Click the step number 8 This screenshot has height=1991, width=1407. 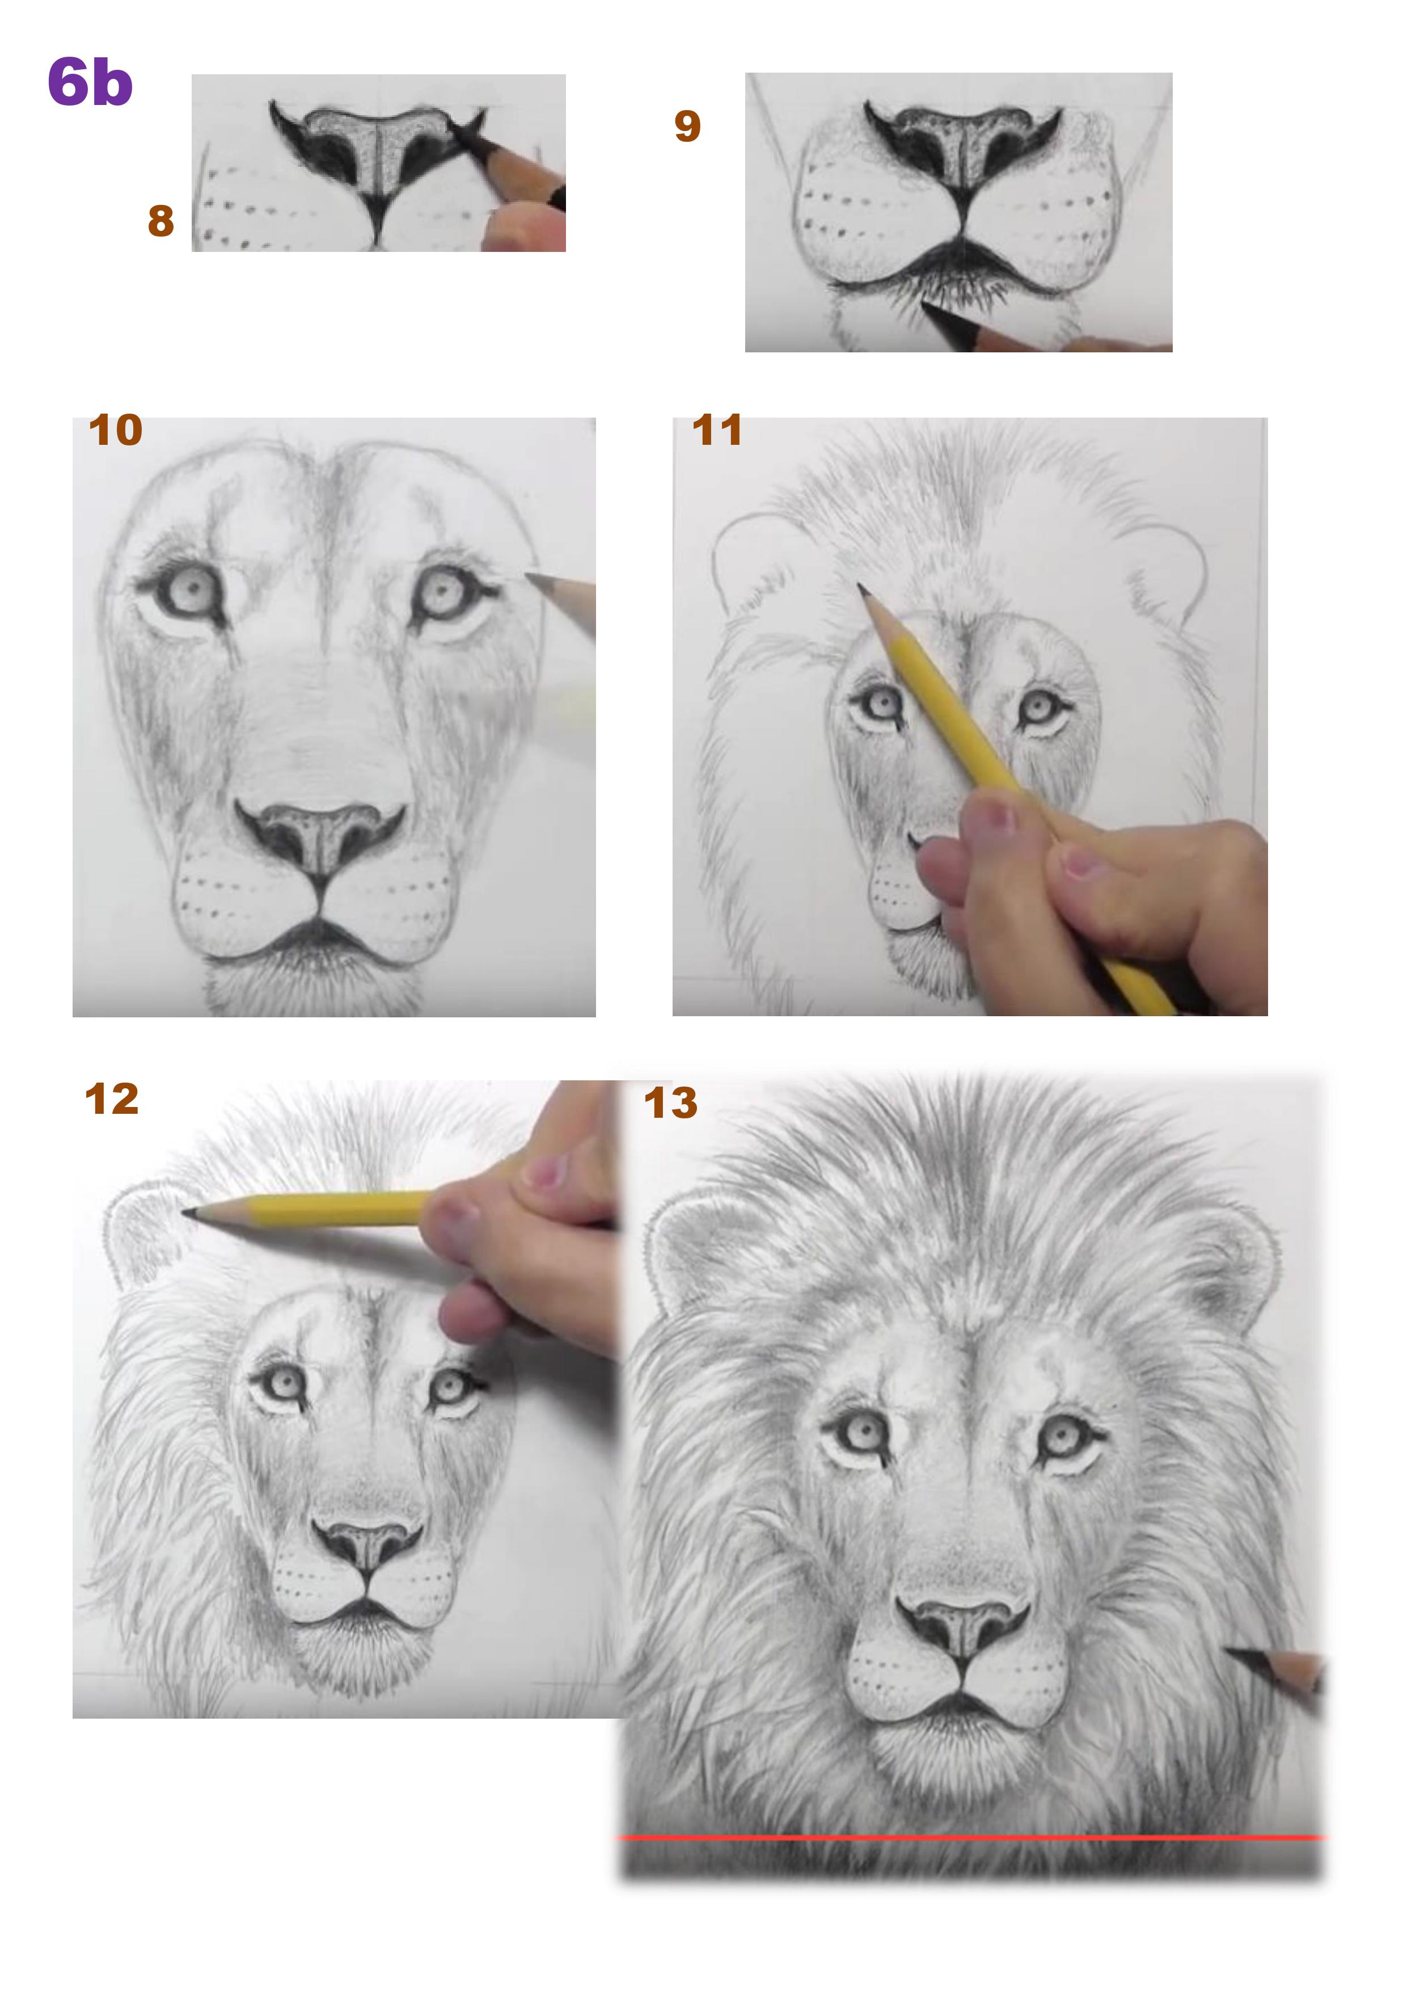(x=160, y=221)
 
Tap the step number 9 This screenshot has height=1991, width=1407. (x=687, y=127)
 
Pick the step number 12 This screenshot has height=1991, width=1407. (x=111, y=1100)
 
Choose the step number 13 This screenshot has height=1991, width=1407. (x=670, y=1104)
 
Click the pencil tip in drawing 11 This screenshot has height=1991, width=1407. (x=861, y=588)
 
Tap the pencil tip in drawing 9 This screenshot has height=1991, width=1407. (x=925, y=304)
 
